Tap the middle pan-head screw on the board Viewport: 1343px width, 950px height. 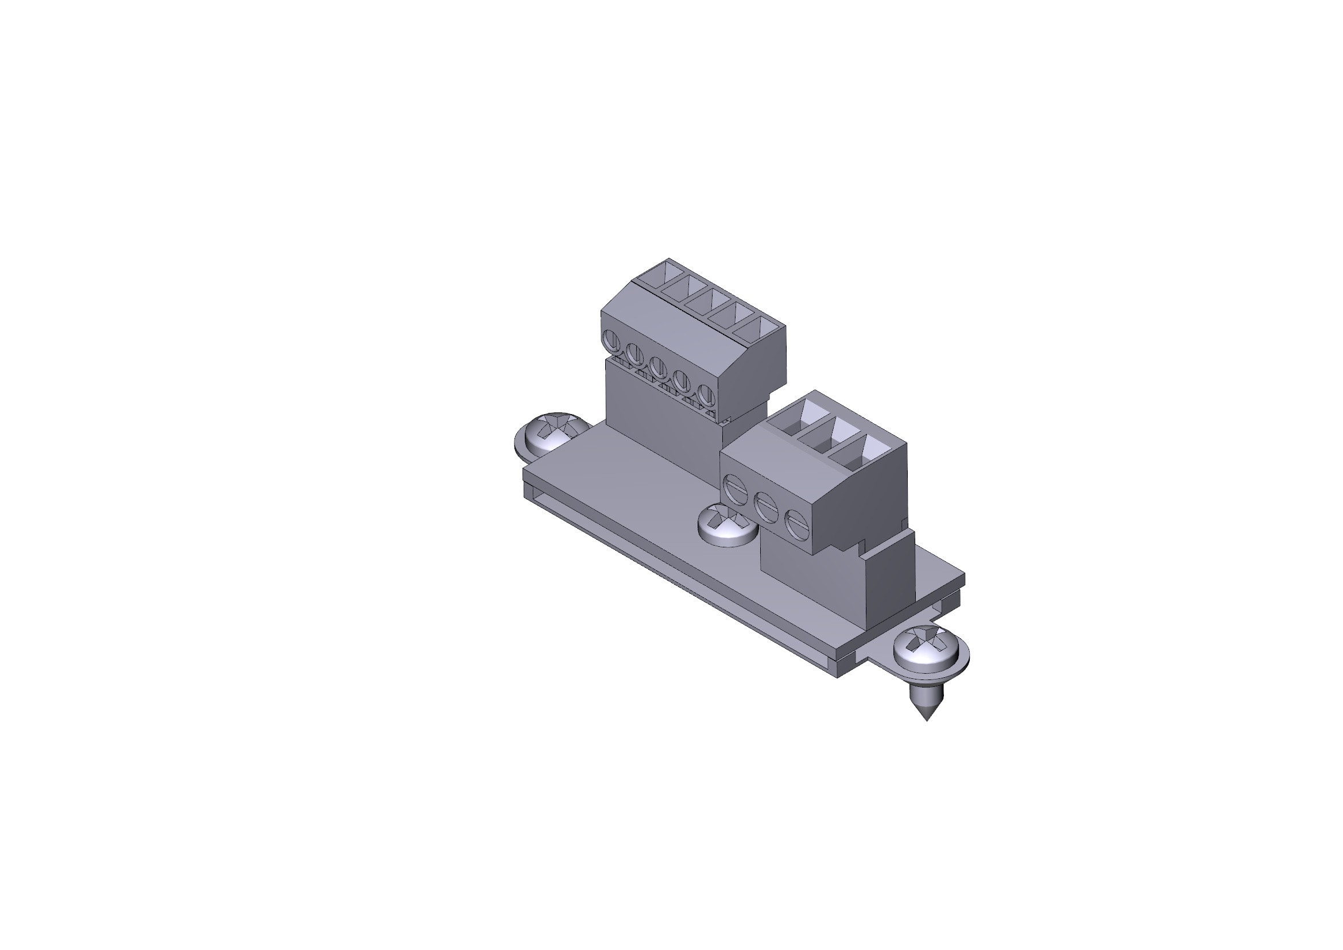(x=727, y=525)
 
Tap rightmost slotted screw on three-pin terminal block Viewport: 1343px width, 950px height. (x=795, y=524)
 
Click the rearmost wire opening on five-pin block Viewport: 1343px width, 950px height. (x=660, y=275)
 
